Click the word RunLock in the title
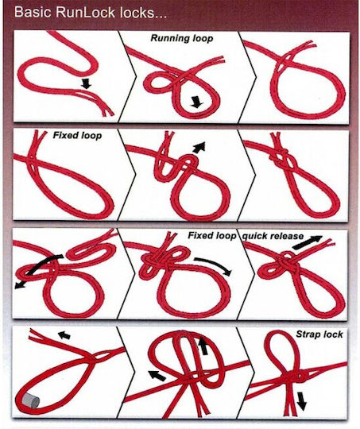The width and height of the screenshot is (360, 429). tap(85, 12)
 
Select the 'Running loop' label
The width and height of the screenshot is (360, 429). tap(182, 38)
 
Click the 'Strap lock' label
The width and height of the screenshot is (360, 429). tap(319, 334)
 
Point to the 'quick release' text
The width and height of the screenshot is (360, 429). tap(273, 236)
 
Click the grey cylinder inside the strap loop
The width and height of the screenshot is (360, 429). tap(29, 401)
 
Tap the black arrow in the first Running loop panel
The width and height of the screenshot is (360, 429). tap(86, 83)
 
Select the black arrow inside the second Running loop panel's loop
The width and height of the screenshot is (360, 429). tap(196, 102)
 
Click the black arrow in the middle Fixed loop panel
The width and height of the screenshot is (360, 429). tap(199, 147)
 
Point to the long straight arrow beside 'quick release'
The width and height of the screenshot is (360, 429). tap(308, 242)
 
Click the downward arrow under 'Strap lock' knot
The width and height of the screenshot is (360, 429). tap(301, 401)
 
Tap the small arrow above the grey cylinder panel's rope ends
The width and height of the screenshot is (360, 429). tap(64, 335)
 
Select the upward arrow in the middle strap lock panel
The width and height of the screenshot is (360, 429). tap(203, 346)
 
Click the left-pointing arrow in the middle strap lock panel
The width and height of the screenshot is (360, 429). tap(157, 375)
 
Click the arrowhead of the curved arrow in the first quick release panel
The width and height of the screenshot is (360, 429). tap(18, 284)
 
